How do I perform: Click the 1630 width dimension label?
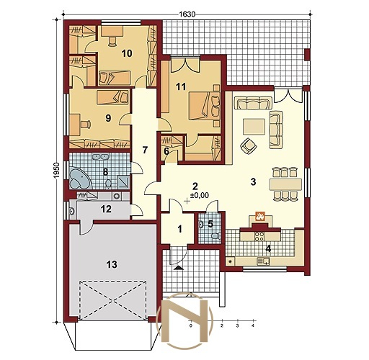point(187,14)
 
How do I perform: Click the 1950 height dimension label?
point(56,171)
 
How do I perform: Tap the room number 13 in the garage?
point(112,264)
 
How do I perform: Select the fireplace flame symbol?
point(260,216)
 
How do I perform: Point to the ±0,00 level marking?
point(199,196)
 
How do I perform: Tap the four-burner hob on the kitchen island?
point(259,235)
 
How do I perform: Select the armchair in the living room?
point(249,145)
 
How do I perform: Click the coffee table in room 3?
point(254,127)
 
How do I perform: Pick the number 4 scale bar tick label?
point(252,325)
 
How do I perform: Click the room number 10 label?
point(127,53)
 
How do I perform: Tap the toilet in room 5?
point(216,236)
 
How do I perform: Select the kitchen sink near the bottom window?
point(264,261)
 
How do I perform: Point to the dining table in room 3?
point(285,184)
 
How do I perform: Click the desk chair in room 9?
point(86,124)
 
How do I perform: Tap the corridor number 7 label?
point(144,150)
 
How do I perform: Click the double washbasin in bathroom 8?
point(100,157)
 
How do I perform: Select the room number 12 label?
point(106,209)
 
